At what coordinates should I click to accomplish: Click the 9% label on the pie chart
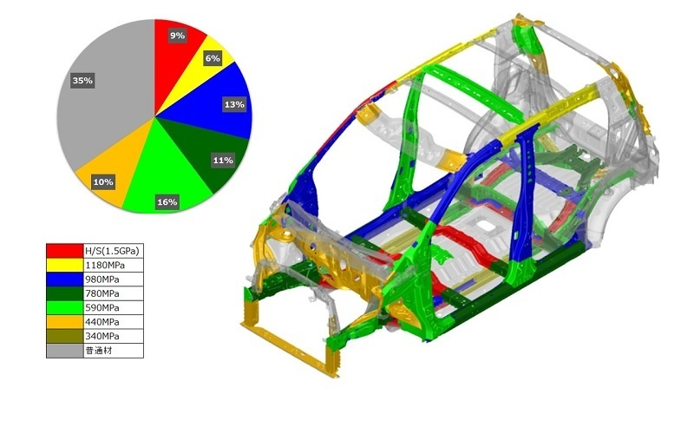[177, 36]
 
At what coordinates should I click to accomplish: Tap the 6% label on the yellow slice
[213, 58]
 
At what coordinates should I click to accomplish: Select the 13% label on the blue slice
[234, 104]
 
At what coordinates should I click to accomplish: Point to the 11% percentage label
[223, 161]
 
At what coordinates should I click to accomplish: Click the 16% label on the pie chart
[167, 202]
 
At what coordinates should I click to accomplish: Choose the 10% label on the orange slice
[103, 182]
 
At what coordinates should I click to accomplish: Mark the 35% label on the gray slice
[82, 81]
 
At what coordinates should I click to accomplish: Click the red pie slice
[177, 57]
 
